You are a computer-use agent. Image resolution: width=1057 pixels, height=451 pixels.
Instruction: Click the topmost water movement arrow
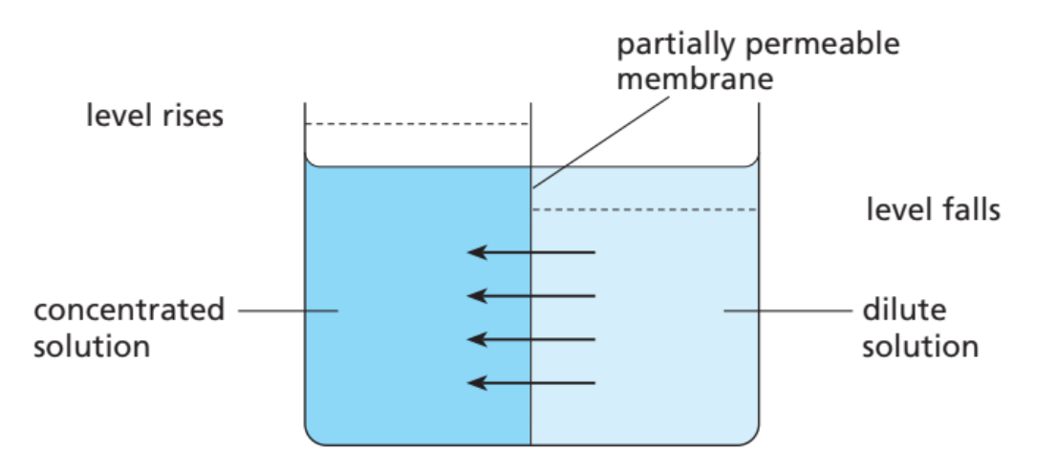point(530,253)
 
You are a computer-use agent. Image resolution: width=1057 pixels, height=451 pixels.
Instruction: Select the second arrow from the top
point(530,296)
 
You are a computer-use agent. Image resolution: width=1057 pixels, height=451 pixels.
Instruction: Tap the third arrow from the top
point(530,340)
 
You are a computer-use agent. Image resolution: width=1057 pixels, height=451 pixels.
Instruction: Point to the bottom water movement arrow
point(530,383)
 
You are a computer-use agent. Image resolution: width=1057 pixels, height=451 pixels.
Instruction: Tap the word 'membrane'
point(695,79)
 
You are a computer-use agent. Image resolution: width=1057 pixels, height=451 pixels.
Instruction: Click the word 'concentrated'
point(129,311)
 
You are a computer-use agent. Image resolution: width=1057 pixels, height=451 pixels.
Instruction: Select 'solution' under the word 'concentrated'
point(92,345)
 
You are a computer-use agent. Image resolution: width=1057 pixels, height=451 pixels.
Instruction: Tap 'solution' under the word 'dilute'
point(919,345)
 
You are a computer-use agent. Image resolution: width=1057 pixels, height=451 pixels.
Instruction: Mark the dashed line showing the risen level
point(417,124)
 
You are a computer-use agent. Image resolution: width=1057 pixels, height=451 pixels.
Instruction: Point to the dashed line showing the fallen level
point(644,209)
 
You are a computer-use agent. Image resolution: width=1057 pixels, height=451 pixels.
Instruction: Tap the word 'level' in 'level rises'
point(115,118)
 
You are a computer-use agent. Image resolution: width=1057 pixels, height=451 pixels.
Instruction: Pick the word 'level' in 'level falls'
point(895,209)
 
